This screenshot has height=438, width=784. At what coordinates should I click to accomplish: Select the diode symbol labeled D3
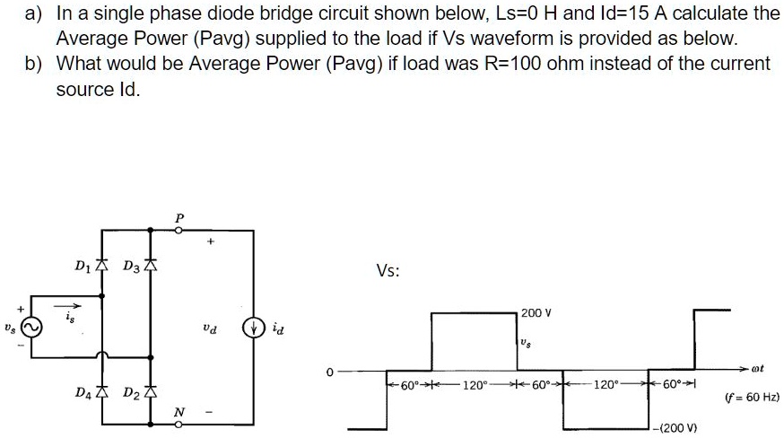pos(151,266)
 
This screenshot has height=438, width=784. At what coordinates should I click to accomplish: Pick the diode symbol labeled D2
pos(151,392)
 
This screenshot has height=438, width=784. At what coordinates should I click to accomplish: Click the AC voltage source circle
pos(30,328)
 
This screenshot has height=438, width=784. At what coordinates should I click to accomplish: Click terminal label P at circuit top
pos(179,217)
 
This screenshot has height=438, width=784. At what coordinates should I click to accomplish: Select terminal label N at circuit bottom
pos(179,413)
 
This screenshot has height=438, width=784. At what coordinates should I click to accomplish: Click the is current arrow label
pos(68,316)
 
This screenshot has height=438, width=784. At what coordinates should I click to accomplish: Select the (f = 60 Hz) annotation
pos(751,397)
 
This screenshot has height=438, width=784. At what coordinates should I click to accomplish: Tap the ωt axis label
pos(767,366)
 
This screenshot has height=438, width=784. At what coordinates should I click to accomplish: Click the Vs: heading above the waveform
pos(388,272)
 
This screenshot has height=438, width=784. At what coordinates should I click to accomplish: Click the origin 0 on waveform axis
pos(330,371)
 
